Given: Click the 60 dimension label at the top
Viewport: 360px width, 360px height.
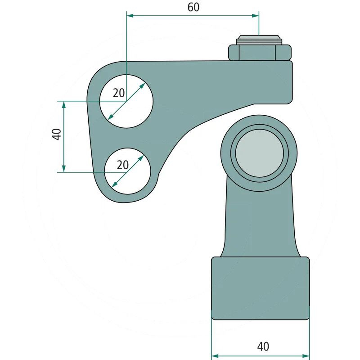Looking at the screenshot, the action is (x=193, y=7).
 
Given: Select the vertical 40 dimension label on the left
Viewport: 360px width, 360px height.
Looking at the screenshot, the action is (x=57, y=134).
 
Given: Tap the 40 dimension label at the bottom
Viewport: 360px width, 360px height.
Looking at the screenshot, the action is (x=263, y=346).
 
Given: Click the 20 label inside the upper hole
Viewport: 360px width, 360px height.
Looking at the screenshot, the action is (x=119, y=93).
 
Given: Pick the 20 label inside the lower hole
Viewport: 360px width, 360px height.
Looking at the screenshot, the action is (x=122, y=165).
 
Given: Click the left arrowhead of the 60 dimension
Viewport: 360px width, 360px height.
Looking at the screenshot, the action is (x=130, y=16).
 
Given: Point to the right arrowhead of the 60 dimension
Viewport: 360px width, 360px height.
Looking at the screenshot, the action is (x=255, y=16).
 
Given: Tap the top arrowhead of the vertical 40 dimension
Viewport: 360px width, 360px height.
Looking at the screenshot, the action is (x=64, y=104).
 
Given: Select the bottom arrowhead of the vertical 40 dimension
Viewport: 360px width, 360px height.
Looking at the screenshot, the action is (x=64, y=168).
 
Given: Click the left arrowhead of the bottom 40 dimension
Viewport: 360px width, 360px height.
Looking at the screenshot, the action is (x=215, y=356).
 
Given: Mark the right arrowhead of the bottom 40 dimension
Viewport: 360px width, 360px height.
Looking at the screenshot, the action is (x=306, y=356).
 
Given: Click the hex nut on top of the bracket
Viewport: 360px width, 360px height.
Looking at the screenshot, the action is (x=260, y=53).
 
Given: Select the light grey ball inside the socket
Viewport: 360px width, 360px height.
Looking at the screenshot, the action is (x=259, y=153).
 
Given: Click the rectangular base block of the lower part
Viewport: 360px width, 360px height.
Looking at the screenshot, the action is (x=261, y=288).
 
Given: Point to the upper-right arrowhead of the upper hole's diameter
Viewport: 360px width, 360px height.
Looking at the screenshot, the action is (x=142, y=85).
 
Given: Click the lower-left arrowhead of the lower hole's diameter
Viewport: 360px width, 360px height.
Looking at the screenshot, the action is (x=114, y=184).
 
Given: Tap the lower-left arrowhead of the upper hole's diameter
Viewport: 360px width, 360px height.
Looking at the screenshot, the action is (x=110, y=117).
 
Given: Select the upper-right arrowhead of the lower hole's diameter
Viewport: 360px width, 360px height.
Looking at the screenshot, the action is (x=141, y=158).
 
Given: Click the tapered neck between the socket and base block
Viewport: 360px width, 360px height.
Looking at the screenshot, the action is (x=260, y=220).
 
